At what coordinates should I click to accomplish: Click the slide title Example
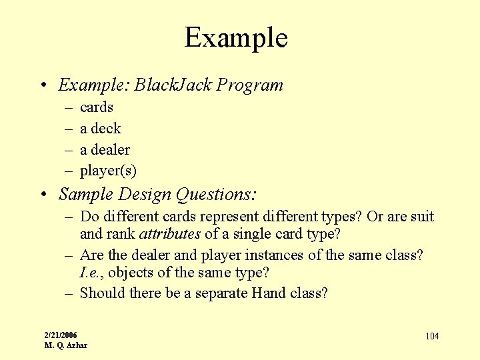(236, 38)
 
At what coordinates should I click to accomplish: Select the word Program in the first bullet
(250, 85)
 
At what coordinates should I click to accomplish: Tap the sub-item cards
(97, 107)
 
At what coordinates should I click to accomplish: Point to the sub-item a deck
(100, 129)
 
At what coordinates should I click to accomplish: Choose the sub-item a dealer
(105, 150)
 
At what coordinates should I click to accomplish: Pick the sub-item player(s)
(108, 171)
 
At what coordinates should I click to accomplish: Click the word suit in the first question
(421, 217)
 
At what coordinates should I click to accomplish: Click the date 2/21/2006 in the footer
(61, 335)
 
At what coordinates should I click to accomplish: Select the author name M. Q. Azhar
(65, 345)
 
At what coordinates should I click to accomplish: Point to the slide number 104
(432, 336)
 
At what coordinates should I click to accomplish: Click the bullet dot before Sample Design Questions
(43, 195)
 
